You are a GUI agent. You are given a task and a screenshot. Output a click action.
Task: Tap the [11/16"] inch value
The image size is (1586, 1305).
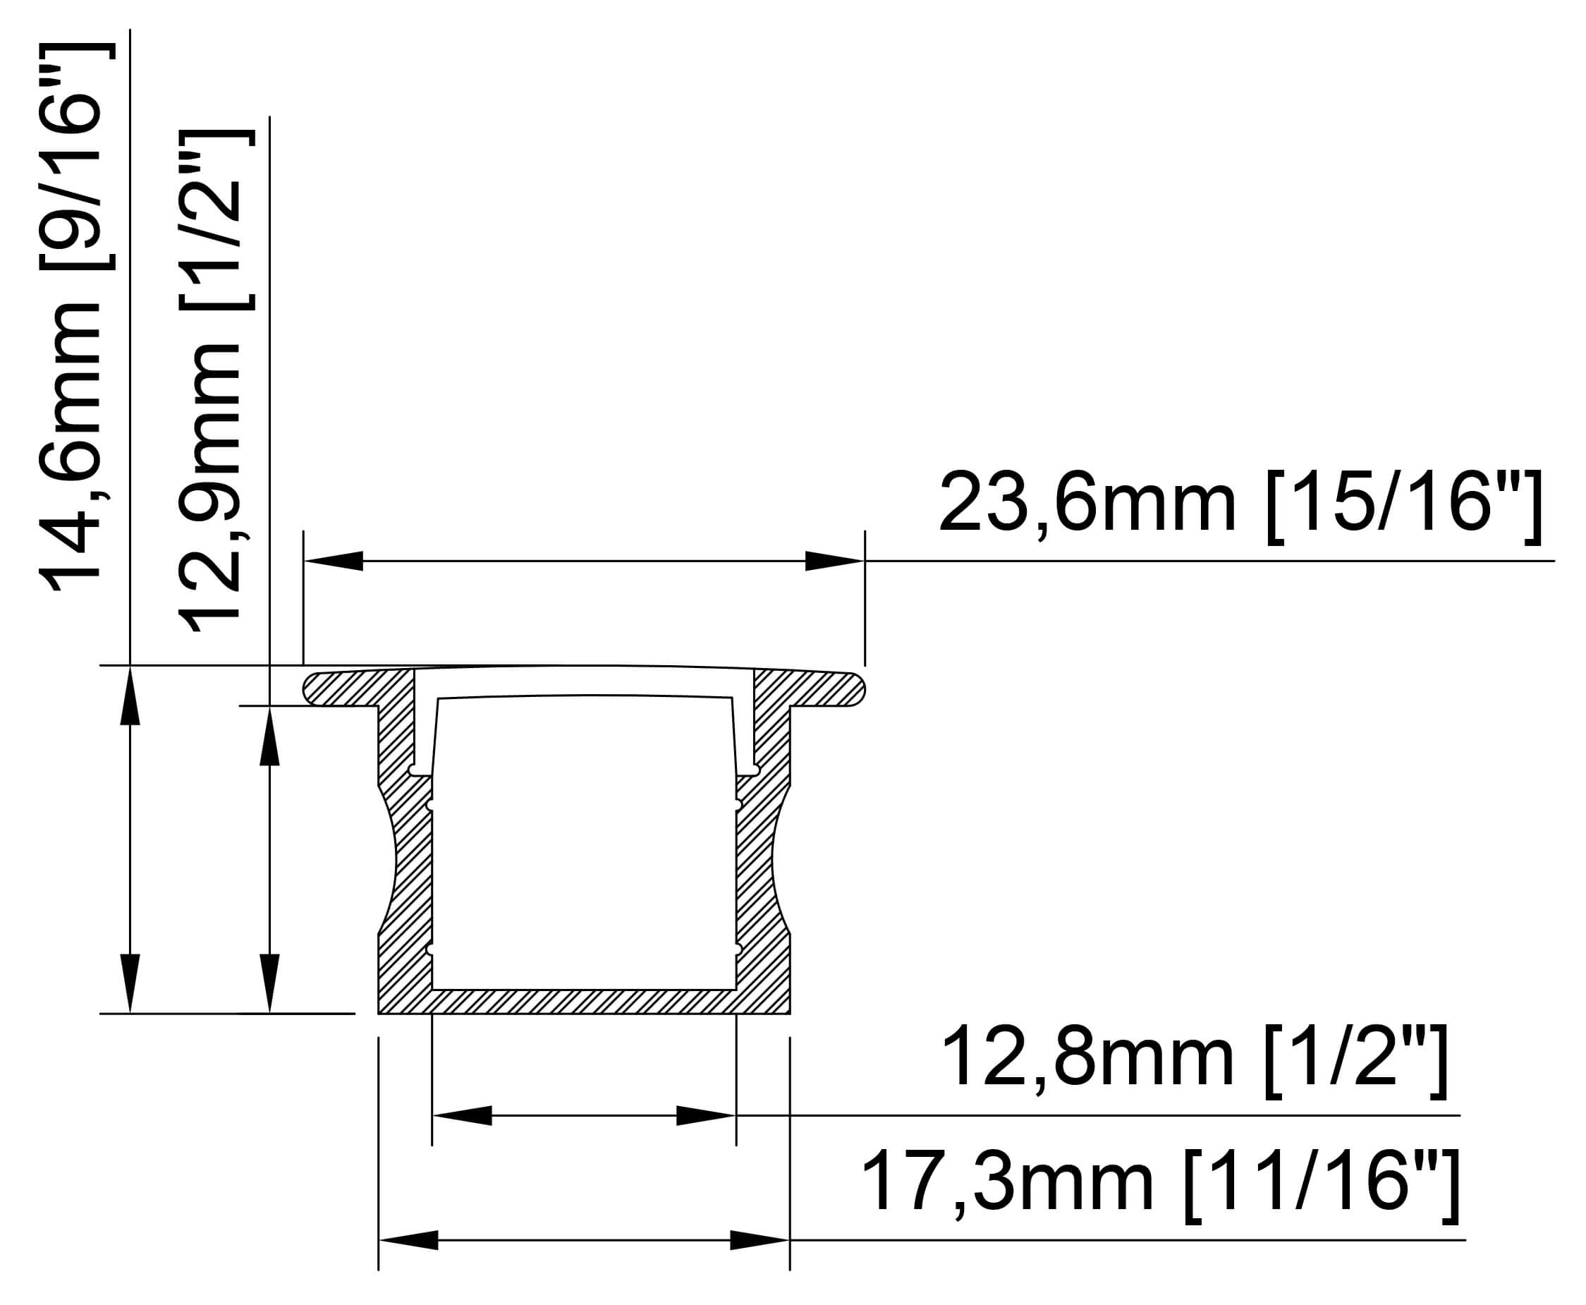(1322, 1186)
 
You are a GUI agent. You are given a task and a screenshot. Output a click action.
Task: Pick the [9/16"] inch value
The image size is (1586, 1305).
(76, 157)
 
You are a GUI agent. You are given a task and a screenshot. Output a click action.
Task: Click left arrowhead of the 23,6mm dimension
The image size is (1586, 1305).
(334, 561)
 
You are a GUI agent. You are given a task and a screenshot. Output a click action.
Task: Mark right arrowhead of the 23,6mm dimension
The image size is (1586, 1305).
(835, 561)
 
